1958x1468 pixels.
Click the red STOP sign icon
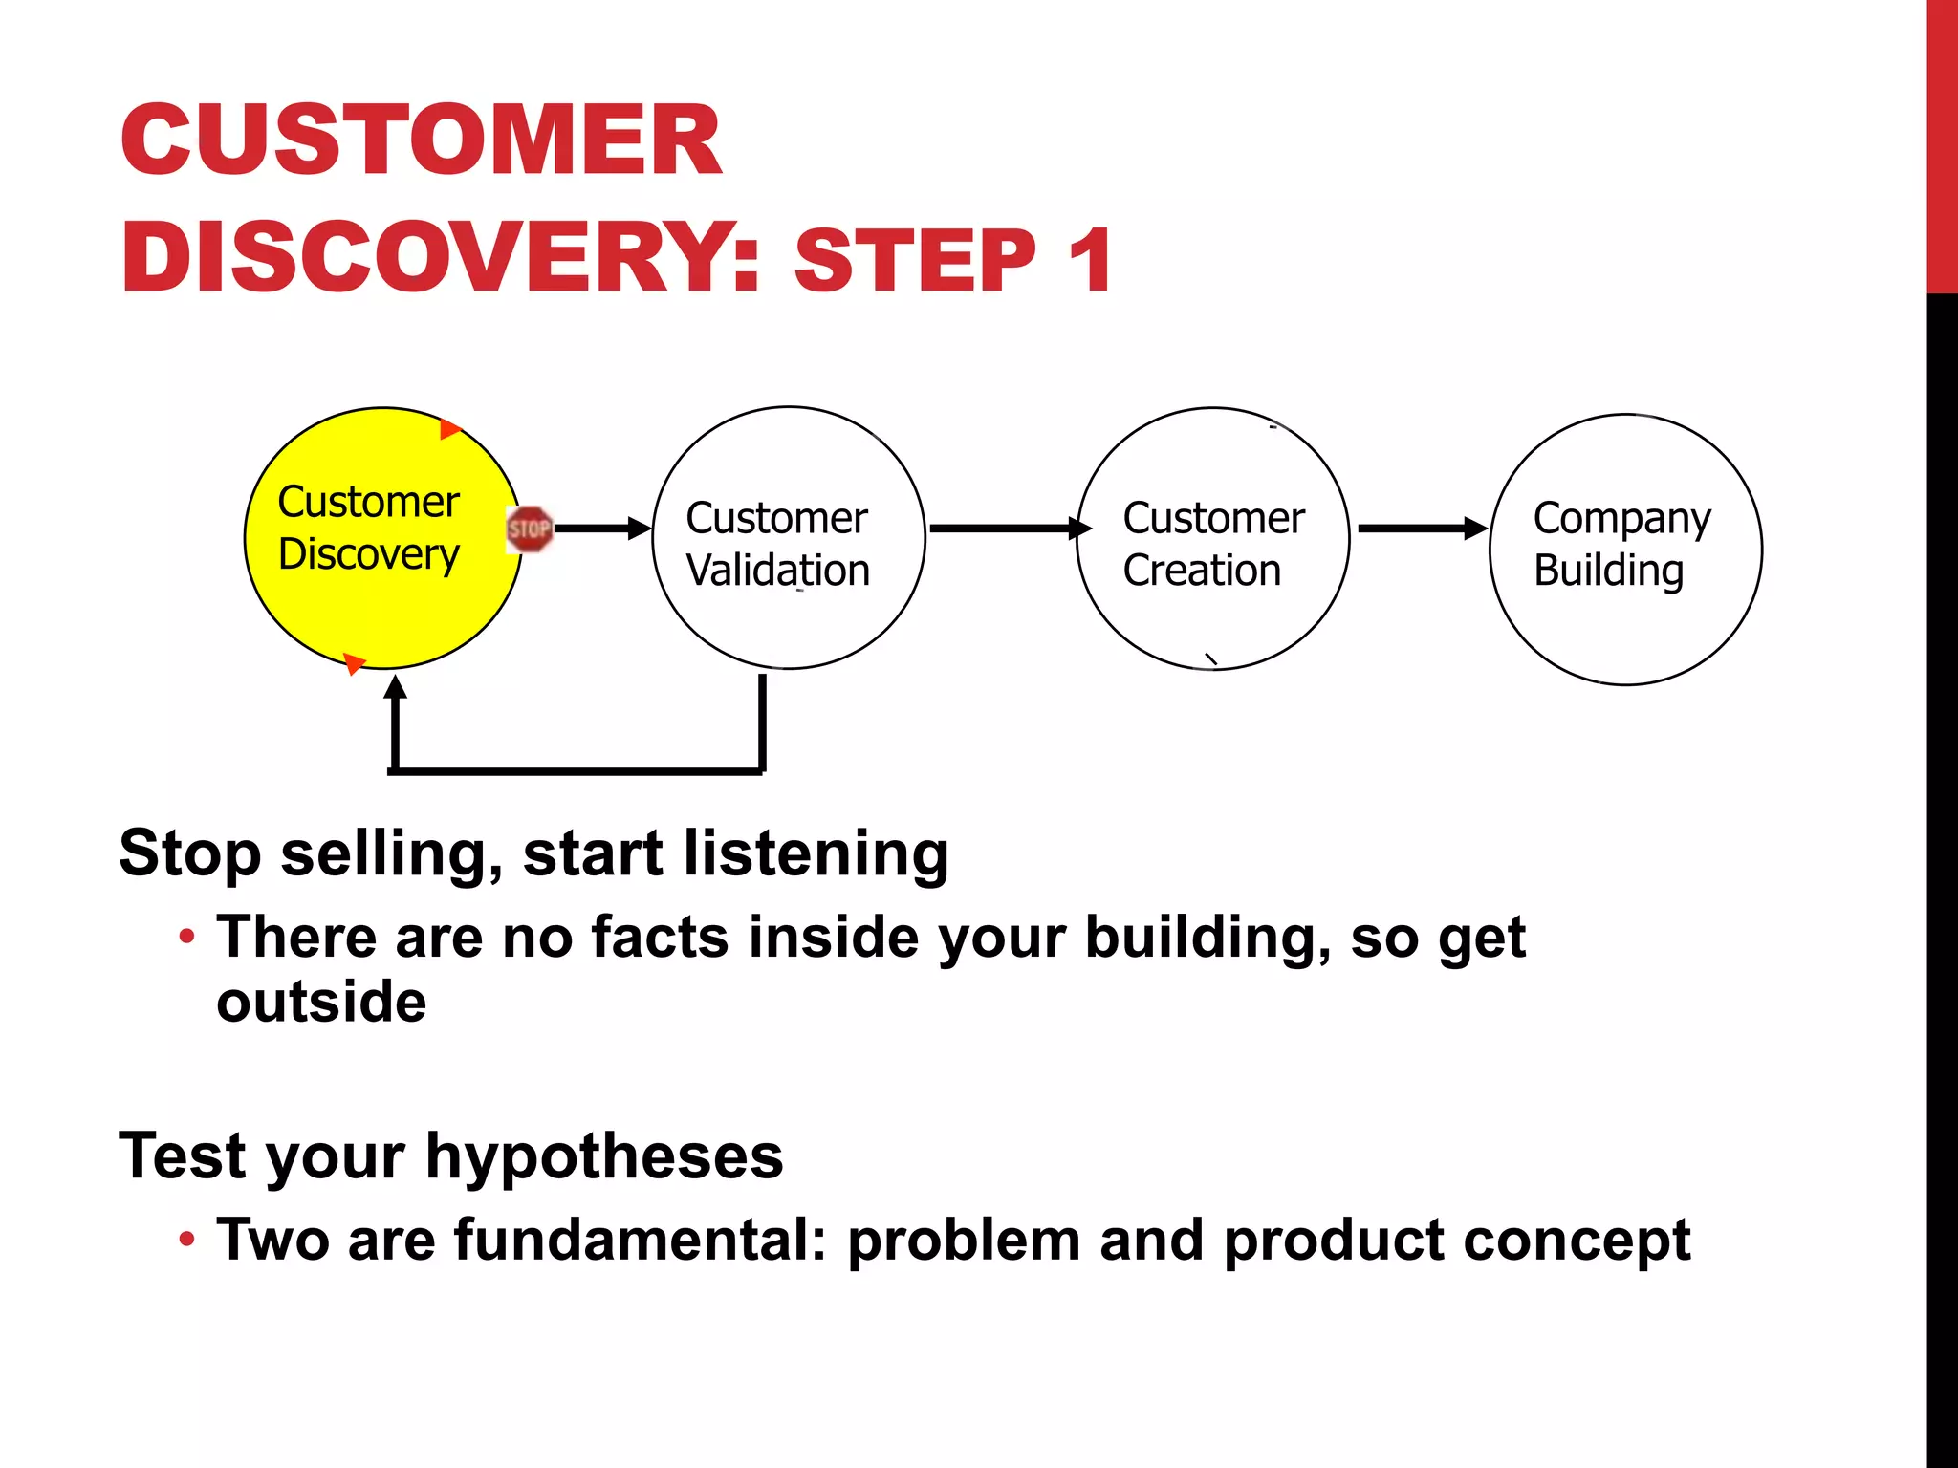click(x=529, y=529)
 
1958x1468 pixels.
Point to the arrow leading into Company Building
click(x=1422, y=528)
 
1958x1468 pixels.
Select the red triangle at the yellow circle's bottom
click(x=354, y=662)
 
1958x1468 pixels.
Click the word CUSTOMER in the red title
click(x=421, y=140)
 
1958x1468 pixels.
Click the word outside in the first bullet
click(x=321, y=1002)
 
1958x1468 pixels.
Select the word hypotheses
click(x=604, y=1157)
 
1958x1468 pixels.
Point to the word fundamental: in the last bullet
click(x=640, y=1240)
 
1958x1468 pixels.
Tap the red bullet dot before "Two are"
click(x=187, y=1240)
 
